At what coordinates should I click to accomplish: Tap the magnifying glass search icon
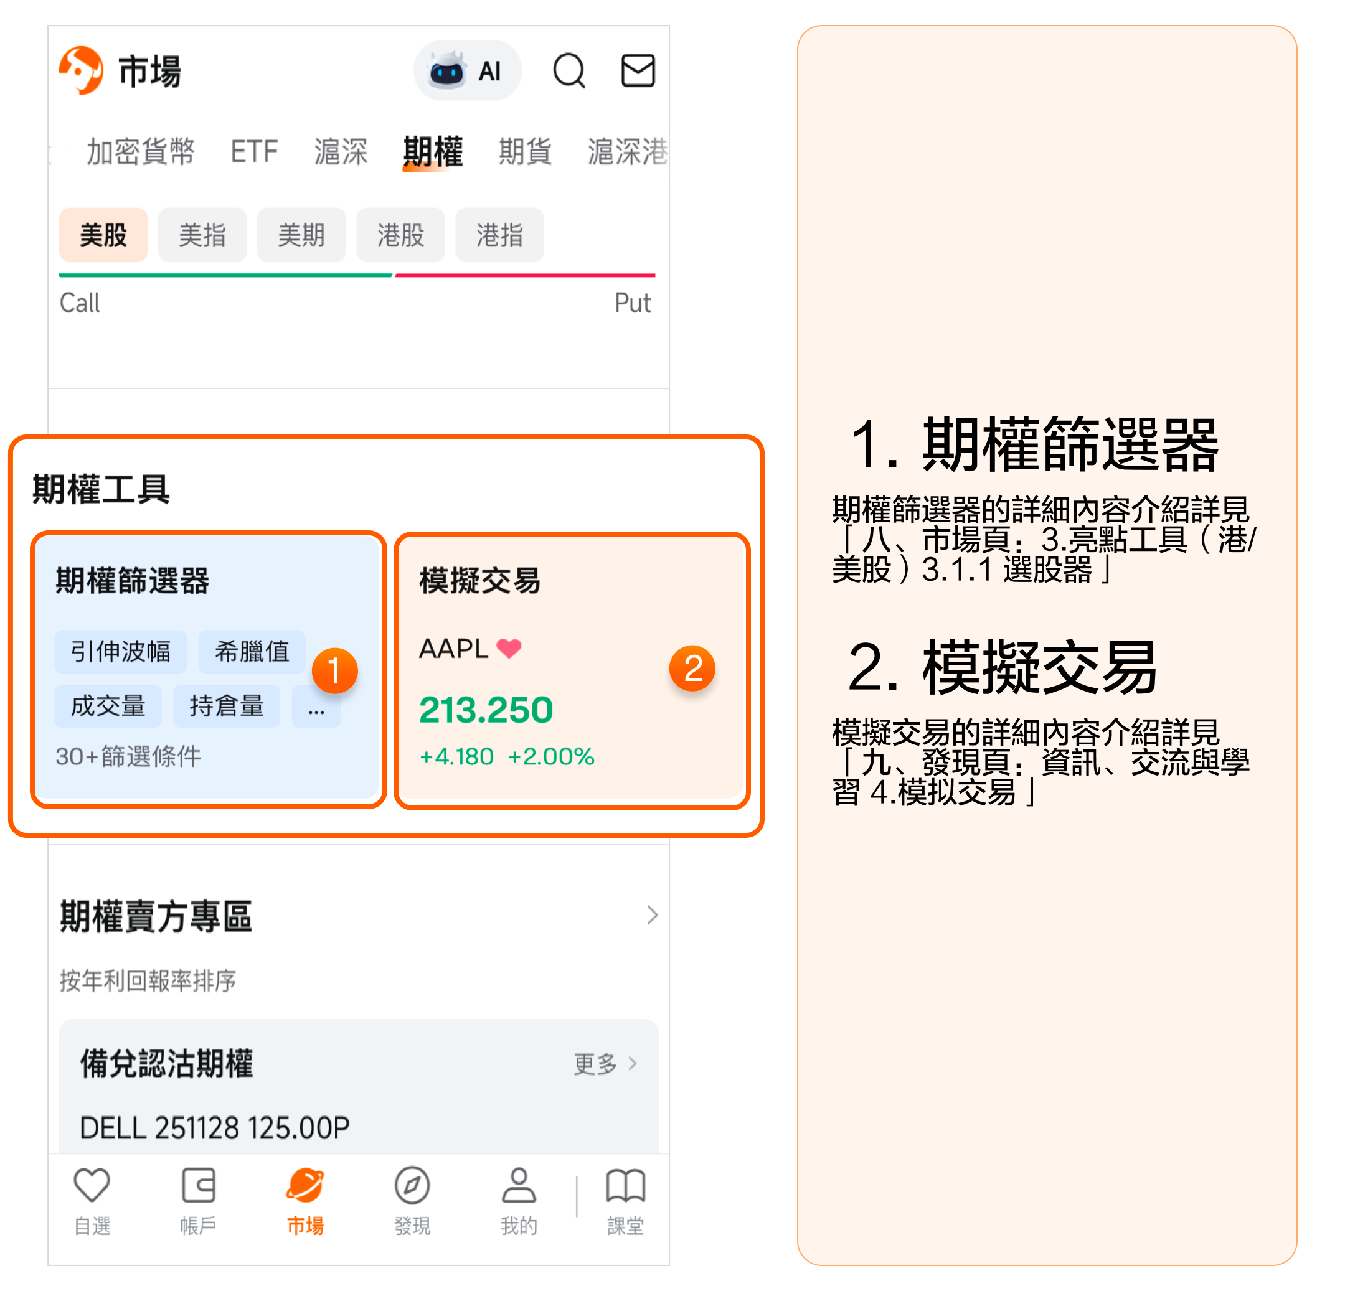coord(569,71)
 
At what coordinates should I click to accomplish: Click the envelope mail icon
coord(638,71)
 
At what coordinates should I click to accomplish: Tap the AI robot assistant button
coord(466,71)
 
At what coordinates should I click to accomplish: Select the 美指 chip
coord(202,235)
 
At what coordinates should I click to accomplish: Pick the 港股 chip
coord(401,235)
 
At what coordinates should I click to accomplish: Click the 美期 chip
coord(301,235)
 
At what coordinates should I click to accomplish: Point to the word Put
coord(632,303)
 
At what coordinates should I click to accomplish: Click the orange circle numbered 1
coord(335,670)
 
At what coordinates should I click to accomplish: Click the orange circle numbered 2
coord(692,668)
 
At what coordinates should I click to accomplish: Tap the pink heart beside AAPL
coord(509,648)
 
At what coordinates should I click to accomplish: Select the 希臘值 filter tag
coord(252,652)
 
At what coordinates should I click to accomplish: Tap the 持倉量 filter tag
coord(227,706)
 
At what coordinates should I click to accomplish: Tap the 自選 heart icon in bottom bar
coord(92,1185)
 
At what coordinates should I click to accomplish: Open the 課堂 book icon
coord(625,1185)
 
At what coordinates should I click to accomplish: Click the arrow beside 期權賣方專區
coord(652,915)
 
